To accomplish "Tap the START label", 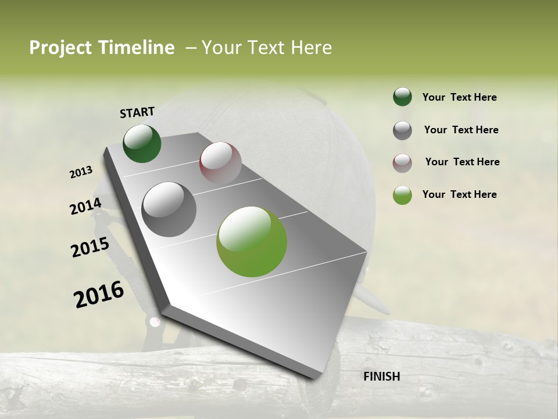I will click(137, 112).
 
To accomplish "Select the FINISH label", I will click(382, 377).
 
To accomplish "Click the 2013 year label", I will click(81, 172).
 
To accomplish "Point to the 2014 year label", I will click(85, 207).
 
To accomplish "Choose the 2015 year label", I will click(90, 247).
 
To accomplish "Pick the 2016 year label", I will click(99, 294).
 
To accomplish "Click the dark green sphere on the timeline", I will click(142, 144).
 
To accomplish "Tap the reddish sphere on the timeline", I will click(220, 163).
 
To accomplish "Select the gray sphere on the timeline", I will click(169, 209).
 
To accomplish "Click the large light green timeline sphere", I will click(252, 242).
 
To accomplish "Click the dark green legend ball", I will click(402, 97).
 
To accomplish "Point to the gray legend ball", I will click(402, 130).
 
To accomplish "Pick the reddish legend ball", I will click(402, 163).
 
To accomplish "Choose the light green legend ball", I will click(402, 195).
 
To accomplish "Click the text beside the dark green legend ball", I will click(459, 97).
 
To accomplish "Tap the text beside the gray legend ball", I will click(461, 130).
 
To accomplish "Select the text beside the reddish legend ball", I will click(462, 162).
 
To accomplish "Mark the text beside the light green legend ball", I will click(459, 194).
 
